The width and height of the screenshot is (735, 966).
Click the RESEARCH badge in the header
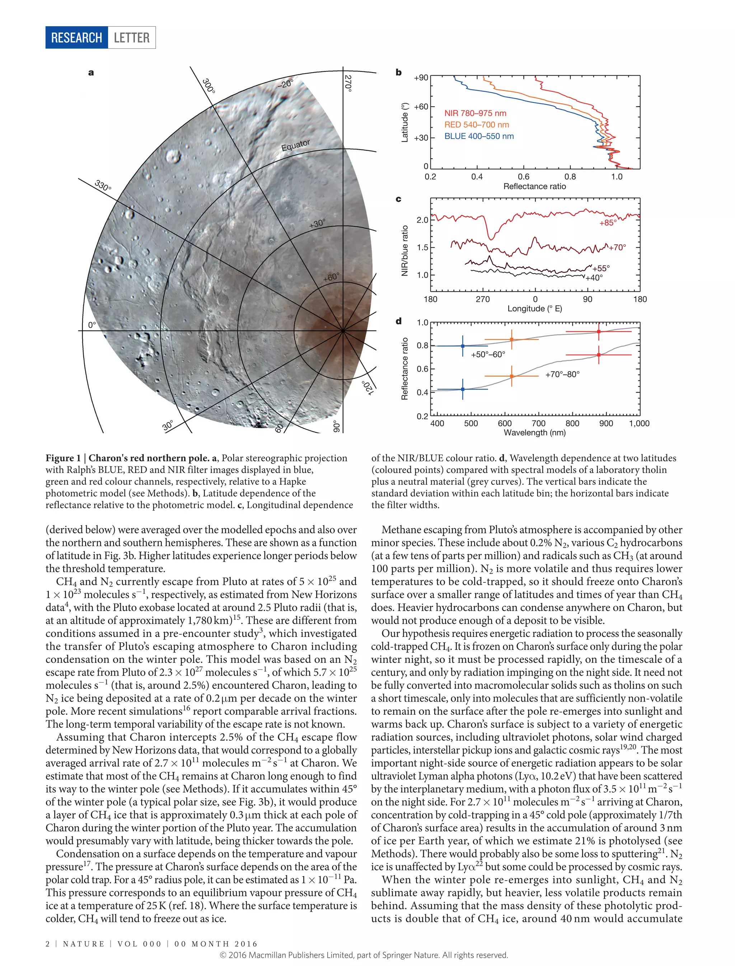[x=76, y=38]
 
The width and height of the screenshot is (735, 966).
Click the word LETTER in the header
[x=131, y=38]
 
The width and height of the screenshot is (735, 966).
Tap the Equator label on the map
[x=295, y=145]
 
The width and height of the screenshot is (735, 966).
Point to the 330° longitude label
[x=103, y=185]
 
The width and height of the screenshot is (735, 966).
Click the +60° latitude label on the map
[x=331, y=277]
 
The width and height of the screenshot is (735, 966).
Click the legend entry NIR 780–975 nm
[x=475, y=113]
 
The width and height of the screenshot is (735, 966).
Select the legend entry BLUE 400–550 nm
[x=479, y=136]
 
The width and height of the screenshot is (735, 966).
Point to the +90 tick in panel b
[x=421, y=78]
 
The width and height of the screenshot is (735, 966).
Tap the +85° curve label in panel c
[x=608, y=223]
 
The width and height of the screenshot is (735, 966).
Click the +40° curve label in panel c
[x=594, y=277]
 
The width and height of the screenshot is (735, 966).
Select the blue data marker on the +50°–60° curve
[x=463, y=346]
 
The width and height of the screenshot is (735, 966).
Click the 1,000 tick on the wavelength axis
[x=639, y=423]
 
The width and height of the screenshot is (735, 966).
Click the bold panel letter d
[x=399, y=321]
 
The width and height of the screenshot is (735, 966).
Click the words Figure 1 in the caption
[x=63, y=458]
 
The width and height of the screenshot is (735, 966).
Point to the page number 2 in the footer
[x=48, y=944]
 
